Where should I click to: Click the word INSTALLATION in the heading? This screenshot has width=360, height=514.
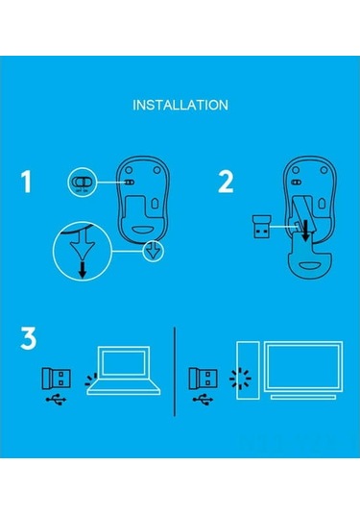click(x=180, y=104)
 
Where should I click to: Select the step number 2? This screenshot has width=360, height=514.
click(x=227, y=182)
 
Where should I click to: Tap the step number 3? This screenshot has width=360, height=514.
click(x=30, y=340)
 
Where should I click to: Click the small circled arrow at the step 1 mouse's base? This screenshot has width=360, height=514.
click(x=151, y=253)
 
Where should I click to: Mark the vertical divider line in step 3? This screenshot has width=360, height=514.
click(x=174, y=370)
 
